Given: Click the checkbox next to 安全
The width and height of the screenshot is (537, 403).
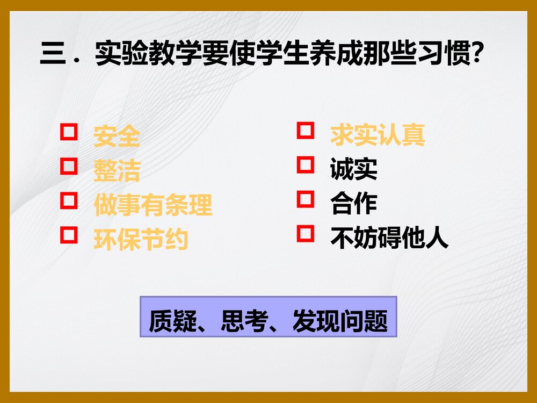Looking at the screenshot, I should (68, 132).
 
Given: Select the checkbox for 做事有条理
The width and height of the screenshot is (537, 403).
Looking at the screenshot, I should (68, 200).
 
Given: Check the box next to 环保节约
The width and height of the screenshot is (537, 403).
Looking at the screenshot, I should (68, 234).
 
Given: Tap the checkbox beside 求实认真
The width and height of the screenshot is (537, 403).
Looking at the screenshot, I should (306, 131).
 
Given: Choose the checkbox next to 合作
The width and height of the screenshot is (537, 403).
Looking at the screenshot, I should (306, 199).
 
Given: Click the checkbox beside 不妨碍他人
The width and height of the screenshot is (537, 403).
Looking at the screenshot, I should (306, 234).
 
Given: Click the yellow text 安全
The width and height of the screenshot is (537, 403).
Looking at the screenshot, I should (117, 136).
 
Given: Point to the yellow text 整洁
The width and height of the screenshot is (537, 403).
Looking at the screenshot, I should (117, 170).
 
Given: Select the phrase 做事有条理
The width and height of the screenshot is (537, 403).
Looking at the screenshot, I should (153, 205).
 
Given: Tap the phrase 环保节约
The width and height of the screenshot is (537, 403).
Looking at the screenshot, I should (141, 240).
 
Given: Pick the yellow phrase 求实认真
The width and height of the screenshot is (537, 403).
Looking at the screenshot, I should (378, 135).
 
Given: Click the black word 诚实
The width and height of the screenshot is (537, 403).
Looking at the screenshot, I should (354, 169).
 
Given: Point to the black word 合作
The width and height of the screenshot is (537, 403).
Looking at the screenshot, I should (354, 204).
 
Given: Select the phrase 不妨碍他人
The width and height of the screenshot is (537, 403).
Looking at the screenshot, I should (389, 238).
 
